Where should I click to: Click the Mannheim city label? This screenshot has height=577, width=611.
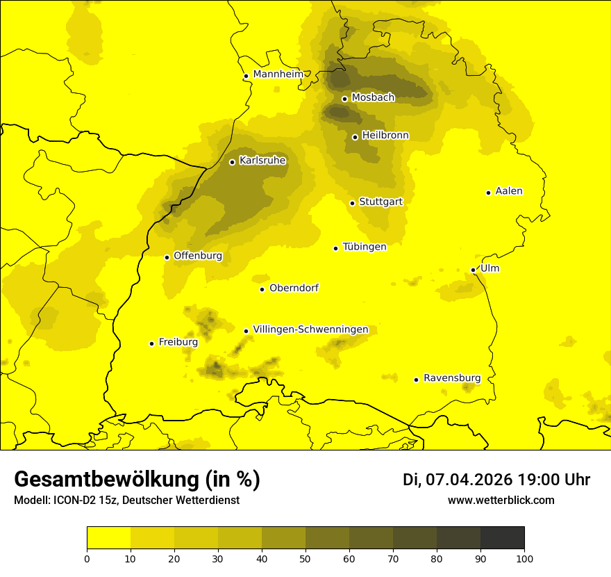278,74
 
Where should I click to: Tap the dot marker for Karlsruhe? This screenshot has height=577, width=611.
232,162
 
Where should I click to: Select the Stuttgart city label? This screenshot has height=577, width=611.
380,202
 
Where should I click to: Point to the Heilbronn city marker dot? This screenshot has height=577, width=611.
355,137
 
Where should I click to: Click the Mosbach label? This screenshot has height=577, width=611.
373,98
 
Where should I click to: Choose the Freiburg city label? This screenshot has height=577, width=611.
178,342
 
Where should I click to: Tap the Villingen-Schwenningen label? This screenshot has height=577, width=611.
310,330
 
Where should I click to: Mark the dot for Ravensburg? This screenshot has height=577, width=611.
416,380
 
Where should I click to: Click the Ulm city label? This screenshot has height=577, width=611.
489,268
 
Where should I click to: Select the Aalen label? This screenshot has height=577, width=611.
508,191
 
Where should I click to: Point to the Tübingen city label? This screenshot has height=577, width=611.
364,247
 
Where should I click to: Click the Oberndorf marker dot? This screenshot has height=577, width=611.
262,289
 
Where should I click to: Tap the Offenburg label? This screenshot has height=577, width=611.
198,256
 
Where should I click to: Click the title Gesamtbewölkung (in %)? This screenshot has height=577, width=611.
137,480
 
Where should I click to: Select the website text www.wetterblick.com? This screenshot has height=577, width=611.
501,500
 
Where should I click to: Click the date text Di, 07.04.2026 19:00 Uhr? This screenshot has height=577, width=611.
496,480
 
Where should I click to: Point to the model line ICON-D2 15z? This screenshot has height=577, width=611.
126,501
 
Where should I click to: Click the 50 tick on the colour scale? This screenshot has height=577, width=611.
305,558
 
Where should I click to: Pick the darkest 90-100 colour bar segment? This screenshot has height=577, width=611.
502,538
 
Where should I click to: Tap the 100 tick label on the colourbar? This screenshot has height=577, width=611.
524,558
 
